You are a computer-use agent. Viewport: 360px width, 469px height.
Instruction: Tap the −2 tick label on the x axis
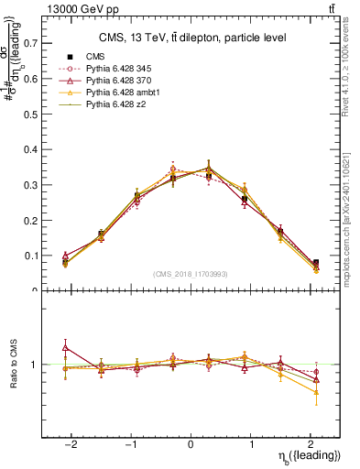coord(70,444)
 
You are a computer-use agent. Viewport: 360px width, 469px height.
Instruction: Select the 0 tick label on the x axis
coord(191,444)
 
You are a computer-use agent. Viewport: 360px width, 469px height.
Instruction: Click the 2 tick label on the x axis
coord(311,444)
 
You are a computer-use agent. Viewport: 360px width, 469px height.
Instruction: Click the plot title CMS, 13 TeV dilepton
coord(192,38)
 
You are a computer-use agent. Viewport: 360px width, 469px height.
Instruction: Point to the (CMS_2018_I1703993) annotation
coord(191,274)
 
